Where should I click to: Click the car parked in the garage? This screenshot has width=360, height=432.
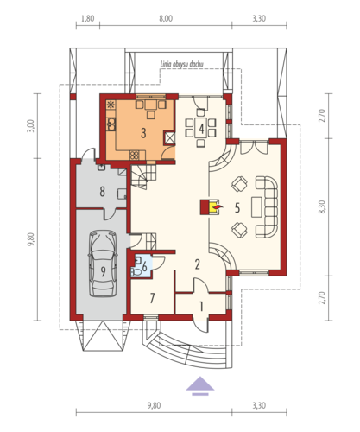103,264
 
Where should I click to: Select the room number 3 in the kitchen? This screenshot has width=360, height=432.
143,133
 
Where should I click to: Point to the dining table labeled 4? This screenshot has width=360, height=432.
201,128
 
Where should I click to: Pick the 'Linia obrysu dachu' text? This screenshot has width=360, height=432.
181,64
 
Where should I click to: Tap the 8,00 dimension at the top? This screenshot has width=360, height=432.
166,19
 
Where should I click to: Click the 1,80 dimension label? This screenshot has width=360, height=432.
88,19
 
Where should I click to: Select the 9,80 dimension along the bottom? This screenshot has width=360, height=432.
154,405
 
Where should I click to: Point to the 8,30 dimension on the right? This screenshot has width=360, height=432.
322,206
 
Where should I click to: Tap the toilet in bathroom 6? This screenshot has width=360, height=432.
136,272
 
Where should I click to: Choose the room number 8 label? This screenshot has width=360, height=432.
102,192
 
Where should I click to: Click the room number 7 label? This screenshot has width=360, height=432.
152,298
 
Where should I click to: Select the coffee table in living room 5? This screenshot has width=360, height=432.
256,206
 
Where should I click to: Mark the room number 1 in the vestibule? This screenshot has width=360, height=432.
201,307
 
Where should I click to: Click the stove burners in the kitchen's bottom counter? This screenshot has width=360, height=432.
134,156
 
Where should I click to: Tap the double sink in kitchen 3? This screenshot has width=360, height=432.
111,124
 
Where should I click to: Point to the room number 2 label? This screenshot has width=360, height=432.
197,264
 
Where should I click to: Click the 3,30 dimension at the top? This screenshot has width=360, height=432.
259,19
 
